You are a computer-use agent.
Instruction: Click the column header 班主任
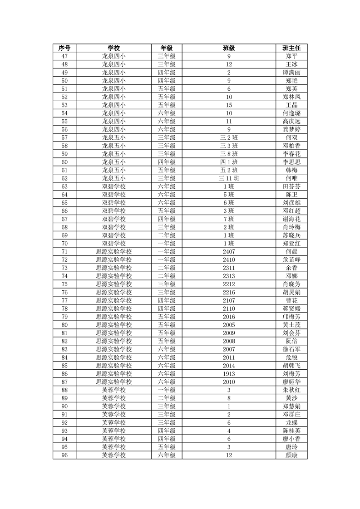[291, 48]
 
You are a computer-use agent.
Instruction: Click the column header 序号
[64, 48]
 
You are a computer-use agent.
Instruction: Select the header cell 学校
[113, 48]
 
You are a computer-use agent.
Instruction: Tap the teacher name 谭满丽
[291, 73]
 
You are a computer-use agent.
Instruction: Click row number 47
[64, 56]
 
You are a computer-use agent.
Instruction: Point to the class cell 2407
[229, 251]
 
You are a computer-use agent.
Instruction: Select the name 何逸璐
[291, 113]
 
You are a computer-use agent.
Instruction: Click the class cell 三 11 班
[229, 178]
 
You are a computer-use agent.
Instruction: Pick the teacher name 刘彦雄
[291, 202]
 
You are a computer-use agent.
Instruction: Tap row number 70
[64, 243]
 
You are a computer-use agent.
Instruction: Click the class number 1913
[229, 373]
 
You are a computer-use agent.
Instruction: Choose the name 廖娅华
[291, 382]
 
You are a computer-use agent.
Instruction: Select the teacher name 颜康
[291, 455]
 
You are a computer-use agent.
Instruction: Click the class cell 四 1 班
[229, 162]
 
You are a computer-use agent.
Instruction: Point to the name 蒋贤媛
[291, 308]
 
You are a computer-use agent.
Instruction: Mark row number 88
[64, 390]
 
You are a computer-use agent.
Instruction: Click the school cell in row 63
[113, 186]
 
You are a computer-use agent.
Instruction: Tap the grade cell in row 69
[167, 235]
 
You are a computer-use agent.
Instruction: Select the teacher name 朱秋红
[291, 390]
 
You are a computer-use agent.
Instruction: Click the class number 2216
[229, 292]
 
